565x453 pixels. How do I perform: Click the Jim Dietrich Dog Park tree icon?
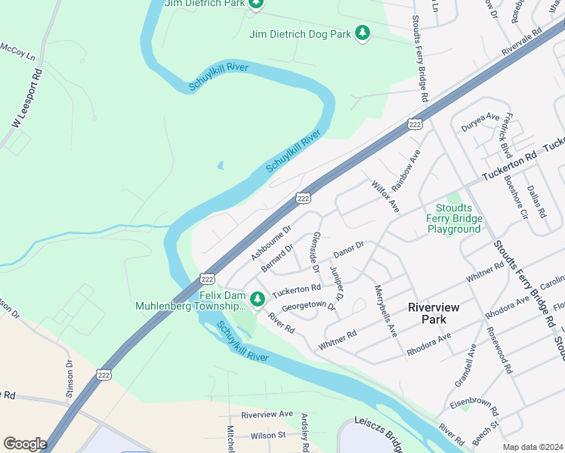point(363,33)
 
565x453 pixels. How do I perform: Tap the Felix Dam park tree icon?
point(258,300)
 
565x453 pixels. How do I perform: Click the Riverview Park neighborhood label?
point(439,313)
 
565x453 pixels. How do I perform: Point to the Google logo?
point(25,443)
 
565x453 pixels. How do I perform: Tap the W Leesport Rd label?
point(25,100)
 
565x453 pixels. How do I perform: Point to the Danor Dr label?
point(348,246)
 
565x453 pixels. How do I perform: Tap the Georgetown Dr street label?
point(307,306)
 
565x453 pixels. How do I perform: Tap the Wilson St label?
point(268,436)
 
